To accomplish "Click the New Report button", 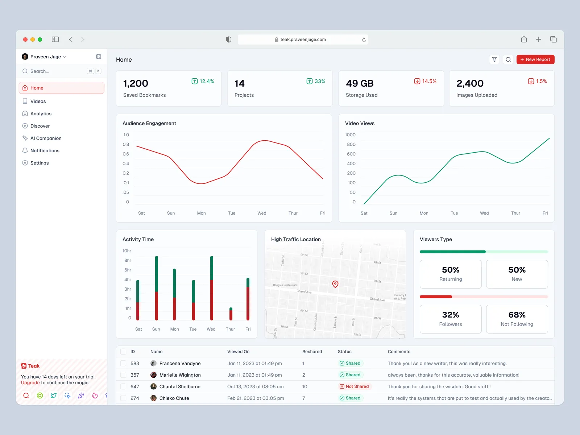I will point(535,59).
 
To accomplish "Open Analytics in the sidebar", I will point(41,114).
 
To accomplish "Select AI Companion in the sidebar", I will point(46,138).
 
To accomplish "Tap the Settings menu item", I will point(40,163).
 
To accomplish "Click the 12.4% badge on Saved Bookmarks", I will point(203,81).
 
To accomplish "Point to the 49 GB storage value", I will point(360,84).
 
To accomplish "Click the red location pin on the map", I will point(335,284).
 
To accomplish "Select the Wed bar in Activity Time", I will point(212,288).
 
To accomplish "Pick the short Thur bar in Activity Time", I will point(231,314).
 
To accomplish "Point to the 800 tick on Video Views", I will point(351,144).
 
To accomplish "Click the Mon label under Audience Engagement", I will point(201,213).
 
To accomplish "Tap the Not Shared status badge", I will point(354,386).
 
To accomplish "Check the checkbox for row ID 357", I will point(123,375).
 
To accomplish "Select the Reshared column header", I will point(312,352).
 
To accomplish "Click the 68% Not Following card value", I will point(517,315).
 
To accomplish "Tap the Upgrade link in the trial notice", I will point(30,383).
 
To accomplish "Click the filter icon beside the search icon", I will point(494,59).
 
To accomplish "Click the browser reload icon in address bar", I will point(364,40).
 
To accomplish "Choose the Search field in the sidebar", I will point(54,71).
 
